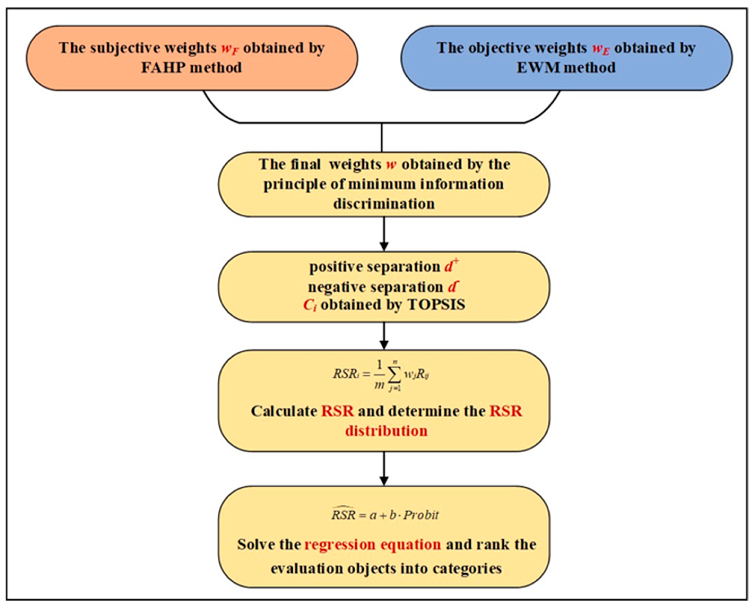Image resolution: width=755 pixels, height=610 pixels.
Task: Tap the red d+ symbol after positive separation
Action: [451, 266]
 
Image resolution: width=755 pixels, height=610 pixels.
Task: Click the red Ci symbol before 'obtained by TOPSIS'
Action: [310, 305]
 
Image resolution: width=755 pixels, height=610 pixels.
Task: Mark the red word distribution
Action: [386, 431]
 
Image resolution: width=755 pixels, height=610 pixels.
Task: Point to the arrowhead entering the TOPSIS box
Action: [384, 246]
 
